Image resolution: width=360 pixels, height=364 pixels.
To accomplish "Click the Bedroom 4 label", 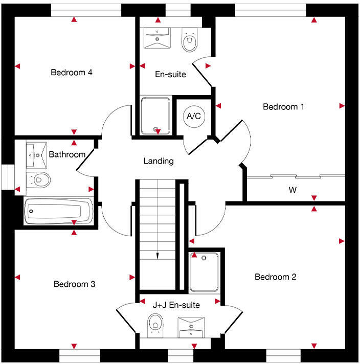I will tap(71, 72).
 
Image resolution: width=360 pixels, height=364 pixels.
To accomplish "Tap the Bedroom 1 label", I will tap(283, 107).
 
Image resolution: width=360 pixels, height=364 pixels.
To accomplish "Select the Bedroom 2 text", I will tap(275, 277).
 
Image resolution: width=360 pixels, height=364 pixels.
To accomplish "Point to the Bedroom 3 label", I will tap(74, 284).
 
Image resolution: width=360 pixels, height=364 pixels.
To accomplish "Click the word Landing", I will tap(158, 161).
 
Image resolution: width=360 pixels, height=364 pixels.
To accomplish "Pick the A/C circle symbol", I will tap(193, 117).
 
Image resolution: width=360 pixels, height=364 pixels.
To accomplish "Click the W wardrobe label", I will tap(292, 191).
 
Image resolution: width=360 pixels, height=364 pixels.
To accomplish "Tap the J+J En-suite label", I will tap(176, 305).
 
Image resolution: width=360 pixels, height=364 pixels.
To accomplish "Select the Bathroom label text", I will tap(66, 154).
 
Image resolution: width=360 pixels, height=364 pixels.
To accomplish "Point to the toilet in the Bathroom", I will tap(39, 179).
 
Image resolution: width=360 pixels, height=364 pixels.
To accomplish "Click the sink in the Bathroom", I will tap(36, 153).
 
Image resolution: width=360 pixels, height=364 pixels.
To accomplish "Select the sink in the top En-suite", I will tap(157, 38).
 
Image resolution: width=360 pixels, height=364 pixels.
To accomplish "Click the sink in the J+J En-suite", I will tap(191, 326).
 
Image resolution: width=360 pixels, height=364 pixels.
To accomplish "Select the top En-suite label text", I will tap(170, 74).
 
